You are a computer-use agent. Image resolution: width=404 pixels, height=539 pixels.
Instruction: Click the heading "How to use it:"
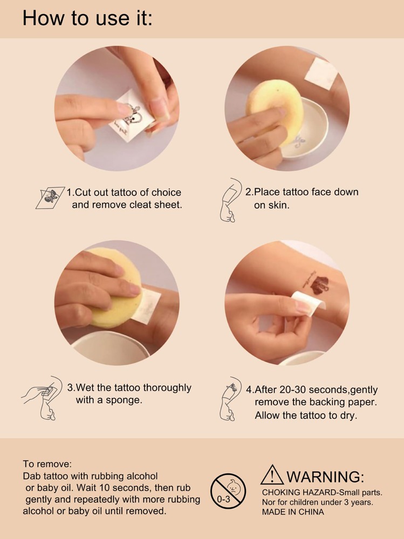pos(87,18)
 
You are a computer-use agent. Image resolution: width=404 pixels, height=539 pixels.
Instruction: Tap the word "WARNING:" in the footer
pos(325,477)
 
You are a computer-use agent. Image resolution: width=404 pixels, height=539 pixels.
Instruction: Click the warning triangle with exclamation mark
pos(272,475)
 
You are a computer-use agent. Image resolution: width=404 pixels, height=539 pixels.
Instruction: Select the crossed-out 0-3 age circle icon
pos(228,491)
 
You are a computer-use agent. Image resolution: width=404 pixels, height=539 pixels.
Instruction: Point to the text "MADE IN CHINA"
pos(293,512)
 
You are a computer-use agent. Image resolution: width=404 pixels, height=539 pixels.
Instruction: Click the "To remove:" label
pos(47,464)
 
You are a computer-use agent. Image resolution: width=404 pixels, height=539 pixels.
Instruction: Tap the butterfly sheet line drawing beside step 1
pos(50,197)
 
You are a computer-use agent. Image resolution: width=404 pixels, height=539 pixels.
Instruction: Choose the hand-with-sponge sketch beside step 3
pos(42,398)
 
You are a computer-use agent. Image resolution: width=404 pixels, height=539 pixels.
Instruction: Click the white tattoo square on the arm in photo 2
pos(321,73)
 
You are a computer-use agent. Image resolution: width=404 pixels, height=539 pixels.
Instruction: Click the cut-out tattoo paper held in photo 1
pos(132,115)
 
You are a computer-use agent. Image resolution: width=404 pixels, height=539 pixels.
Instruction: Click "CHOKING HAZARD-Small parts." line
pos(322,493)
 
